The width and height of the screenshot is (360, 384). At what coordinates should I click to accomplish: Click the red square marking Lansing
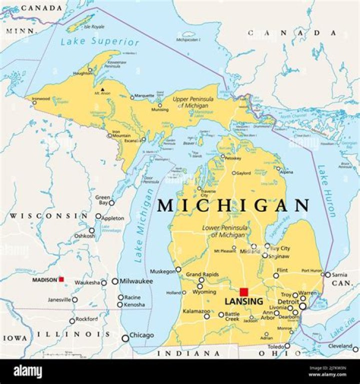coord(244,292)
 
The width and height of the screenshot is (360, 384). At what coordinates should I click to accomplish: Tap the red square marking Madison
coord(61,280)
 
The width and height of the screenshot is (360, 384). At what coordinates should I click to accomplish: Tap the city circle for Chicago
coord(125,338)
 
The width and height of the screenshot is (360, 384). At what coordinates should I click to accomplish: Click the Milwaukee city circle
coord(115,282)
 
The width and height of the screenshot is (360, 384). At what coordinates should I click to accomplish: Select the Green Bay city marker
coord(111,203)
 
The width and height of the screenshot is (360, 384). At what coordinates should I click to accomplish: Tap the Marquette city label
coord(145,95)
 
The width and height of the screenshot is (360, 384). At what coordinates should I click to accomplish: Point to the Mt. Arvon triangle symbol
coord(102,89)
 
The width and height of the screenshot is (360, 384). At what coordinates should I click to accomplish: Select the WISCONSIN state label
coord(48,216)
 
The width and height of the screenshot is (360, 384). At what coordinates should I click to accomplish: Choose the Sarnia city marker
coord(328,275)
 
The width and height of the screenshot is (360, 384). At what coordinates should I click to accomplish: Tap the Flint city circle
coord(276,275)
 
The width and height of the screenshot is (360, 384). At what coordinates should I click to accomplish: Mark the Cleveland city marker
coord(355,348)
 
